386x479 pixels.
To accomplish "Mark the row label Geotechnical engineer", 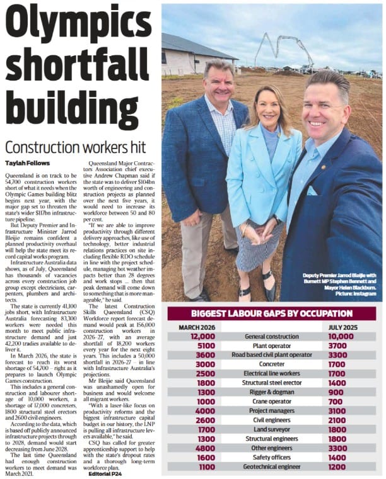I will click(271, 468).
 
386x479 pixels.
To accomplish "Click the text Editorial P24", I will click(108, 473).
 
